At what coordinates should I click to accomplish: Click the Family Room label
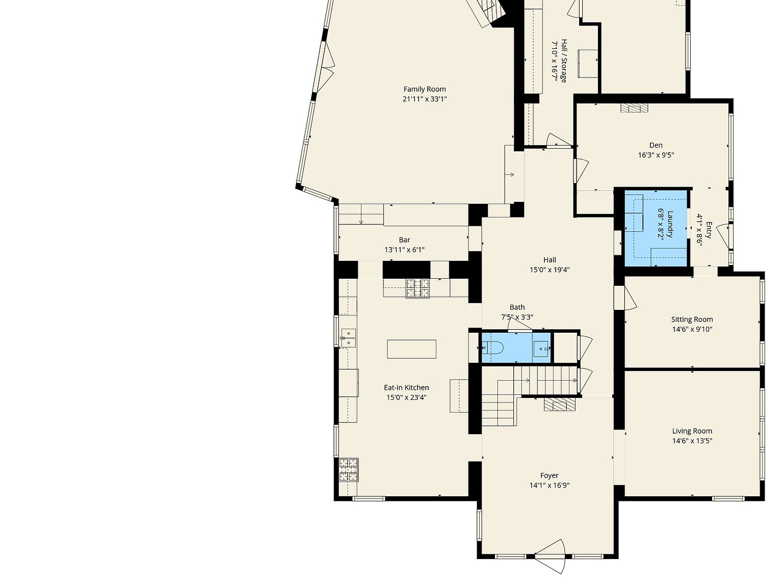click(425, 89)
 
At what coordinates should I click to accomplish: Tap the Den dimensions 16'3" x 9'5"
click(656, 155)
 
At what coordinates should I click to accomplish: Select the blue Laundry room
click(656, 228)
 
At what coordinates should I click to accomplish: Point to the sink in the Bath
click(541, 348)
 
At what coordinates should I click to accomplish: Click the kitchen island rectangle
click(412, 349)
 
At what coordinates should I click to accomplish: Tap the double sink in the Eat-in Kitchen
click(348, 338)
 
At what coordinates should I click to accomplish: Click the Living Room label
click(692, 431)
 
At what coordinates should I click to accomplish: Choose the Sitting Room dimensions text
click(692, 329)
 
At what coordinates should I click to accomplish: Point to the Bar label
click(405, 240)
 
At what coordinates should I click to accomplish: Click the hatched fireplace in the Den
click(634, 108)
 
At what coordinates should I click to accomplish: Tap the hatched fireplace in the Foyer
click(559, 405)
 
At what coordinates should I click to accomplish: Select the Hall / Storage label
click(564, 61)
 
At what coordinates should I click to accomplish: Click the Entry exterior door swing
click(723, 236)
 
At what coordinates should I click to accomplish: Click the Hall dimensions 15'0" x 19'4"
click(550, 270)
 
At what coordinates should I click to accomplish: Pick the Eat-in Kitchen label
click(406, 387)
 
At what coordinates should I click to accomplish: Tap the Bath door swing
click(520, 324)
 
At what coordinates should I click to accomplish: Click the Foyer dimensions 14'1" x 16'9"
click(550, 486)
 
